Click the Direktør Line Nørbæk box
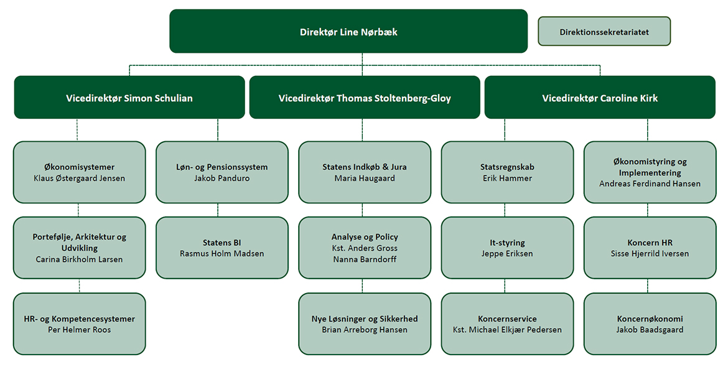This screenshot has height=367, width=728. pos(348,31)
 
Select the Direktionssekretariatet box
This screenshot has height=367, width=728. pos(604,32)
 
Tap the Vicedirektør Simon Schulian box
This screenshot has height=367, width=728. pos(129,98)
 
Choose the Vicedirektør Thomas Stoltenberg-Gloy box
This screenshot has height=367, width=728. pos(365,98)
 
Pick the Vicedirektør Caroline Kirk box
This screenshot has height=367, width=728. pos(600,98)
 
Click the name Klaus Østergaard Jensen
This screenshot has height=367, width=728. pos(80,178)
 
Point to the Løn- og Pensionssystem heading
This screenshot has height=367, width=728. pos(222,167)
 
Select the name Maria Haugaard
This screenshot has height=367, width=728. pos(365,178)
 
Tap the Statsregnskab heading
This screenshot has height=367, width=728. pos(507,167)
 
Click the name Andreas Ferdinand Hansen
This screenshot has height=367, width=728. pos(650,183)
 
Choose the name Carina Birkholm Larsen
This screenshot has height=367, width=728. pos(80,259)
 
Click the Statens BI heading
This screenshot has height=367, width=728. pos(222,243)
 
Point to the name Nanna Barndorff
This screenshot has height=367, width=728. pos(365,259)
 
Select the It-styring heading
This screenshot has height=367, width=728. pos(507,243)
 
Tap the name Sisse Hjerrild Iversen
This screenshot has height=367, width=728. pos(650,254)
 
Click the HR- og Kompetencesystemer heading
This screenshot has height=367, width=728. pos(80,318)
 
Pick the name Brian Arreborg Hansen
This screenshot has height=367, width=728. pos(365,330)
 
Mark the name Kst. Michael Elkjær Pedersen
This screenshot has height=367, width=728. pos(507,330)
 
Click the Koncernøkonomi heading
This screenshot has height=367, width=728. pos(650,318)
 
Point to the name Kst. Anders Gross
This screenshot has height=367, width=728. pos(365,248)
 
